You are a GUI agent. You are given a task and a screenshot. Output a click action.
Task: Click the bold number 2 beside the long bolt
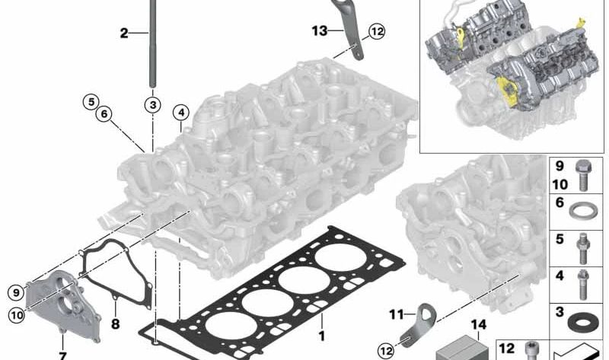click(x=124, y=33)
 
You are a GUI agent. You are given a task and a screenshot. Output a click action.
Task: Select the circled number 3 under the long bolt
click(x=153, y=105)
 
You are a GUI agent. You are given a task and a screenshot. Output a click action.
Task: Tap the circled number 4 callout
click(x=181, y=113)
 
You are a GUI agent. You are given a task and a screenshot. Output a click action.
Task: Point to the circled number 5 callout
click(x=91, y=102)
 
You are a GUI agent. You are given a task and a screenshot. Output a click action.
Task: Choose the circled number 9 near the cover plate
click(x=16, y=292)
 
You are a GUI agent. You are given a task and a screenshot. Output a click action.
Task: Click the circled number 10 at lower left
click(x=17, y=314)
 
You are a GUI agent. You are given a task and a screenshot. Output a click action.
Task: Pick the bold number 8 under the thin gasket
click(x=116, y=323)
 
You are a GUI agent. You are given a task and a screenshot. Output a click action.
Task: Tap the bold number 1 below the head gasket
click(x=321, y=336)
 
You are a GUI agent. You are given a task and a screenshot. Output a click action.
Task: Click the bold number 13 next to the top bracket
click(x=320, y=30)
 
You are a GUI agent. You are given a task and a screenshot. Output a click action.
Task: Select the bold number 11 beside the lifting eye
click(x=397, y=314)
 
